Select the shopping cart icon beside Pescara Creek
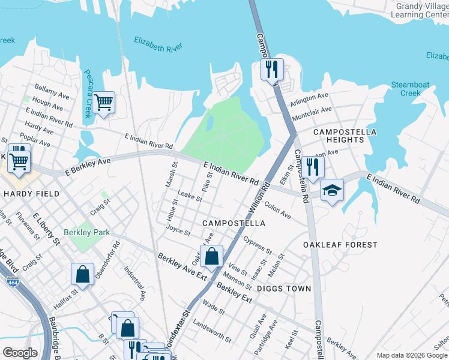pos(104,103)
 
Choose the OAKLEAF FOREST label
pos(340,245)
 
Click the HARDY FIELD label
pos(31,194)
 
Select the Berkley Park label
pos(85,232)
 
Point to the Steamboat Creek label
pos(410,89)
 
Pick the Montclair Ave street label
pos(312,113)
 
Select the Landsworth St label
pos(212,331)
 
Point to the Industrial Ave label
pos(134,283)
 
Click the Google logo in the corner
pos(20,352)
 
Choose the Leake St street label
pos(190,195)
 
